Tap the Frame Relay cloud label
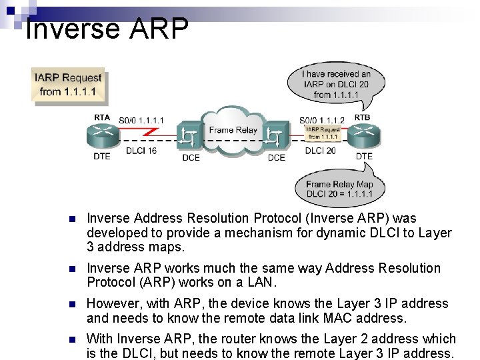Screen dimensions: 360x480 (233, 130)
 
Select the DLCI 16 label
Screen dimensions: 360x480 (141, 151)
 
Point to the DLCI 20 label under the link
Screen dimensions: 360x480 (320, 151)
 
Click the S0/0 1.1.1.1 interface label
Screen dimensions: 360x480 (141, 120)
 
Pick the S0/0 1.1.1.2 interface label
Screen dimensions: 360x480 (322, 120)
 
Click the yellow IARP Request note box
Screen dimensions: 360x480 (69, 85)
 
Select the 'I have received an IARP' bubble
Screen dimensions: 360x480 (336, 85)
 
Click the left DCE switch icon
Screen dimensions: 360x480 (191, 139)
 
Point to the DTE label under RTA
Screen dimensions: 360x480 (102, 157)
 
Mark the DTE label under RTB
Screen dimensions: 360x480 (364, 157)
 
